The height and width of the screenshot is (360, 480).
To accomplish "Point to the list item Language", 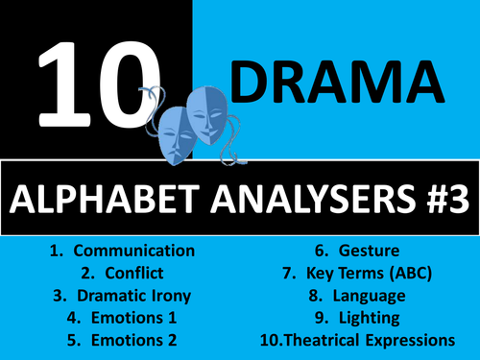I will coord(370,296).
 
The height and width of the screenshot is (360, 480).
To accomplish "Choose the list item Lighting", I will coord(370,318).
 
